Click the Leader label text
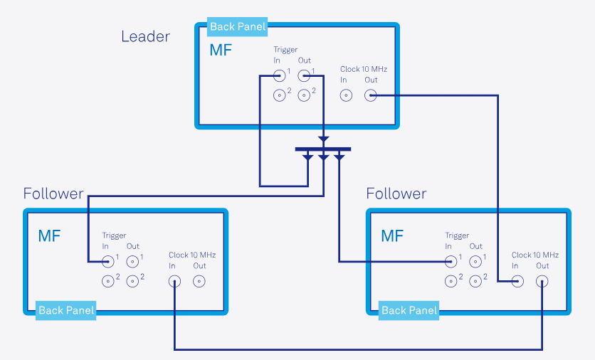pos(145,36)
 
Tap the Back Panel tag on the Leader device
pos(237,27)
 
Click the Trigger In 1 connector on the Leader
pos(281,75)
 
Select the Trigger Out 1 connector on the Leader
pos(304,75)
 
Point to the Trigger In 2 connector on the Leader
pos(281,95)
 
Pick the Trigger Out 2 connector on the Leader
pos(304,95)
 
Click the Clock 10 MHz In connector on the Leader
pos(344,95)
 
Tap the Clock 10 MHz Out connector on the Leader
pos(370,95)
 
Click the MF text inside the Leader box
pos(220,51)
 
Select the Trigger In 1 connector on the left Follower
pos(108,261)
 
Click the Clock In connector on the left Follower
pos(174,281)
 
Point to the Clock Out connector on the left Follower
pos(200,281)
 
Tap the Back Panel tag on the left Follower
pos(65,310)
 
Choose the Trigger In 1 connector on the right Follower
pos(451,261)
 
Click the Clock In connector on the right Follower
pos(517,281)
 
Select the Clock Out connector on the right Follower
pos(543,281)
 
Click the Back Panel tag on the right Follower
pos(409,310)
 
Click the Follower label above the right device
pos(396,194)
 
